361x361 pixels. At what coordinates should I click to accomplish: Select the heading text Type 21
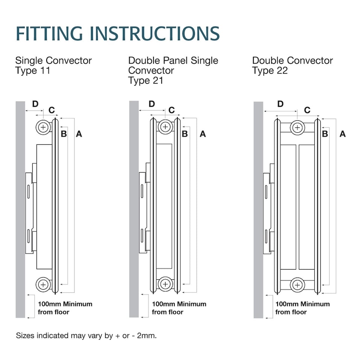click(146, 80)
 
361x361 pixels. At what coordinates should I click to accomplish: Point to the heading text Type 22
click(270, 70)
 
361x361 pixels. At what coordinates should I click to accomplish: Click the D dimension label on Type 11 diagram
click(35, 104)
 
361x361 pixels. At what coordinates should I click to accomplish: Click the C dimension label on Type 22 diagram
click(307, 110)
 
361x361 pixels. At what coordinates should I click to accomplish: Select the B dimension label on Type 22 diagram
click(325, 133)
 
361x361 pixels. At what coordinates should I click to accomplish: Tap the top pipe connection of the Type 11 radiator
click(44, 127)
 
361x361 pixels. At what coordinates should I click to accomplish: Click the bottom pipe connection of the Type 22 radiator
click(297, 284)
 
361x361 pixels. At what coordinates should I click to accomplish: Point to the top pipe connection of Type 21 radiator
click(165, 127)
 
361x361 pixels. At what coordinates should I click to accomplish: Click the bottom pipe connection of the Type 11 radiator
click(44, 284)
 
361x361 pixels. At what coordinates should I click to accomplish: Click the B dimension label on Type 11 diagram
click(64, 133)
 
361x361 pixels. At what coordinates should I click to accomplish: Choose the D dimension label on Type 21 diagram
click(152, 104)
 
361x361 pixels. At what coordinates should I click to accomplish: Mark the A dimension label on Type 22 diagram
click(342, 133)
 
